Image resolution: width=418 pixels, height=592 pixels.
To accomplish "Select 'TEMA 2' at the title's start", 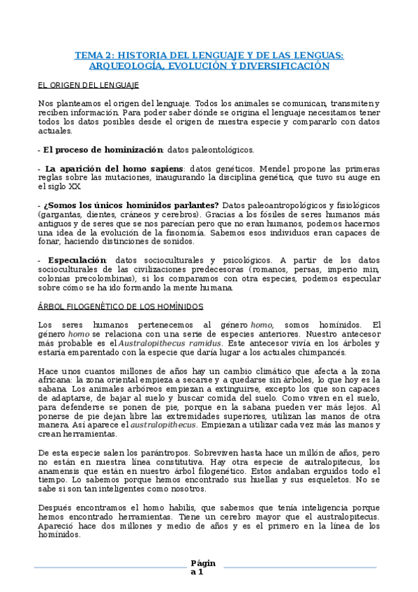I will point(91,54).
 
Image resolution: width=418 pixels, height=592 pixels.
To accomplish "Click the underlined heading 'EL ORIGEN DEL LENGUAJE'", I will point(89,84).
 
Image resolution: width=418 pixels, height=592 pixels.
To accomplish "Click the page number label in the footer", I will point(203,568).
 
